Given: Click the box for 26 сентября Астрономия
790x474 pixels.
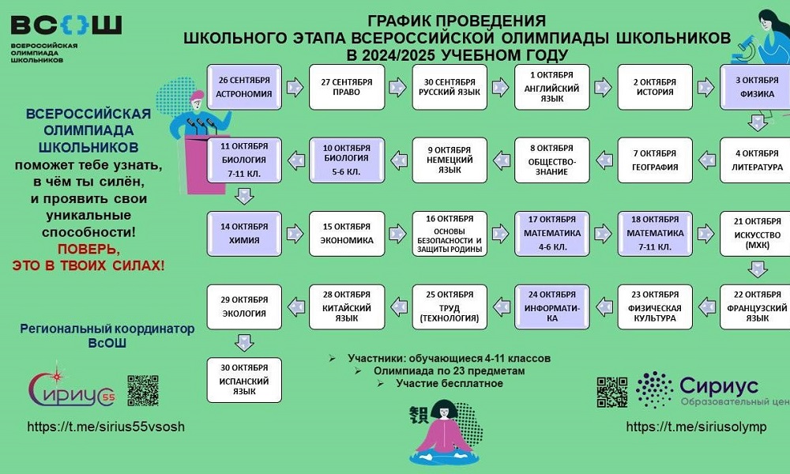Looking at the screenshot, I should (x=244, y=87).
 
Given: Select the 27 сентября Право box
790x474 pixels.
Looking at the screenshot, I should (x=346, y=87).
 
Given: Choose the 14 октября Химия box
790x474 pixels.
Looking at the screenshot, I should (x=244, y=233).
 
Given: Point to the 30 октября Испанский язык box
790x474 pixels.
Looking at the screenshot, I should (x=244, y=380).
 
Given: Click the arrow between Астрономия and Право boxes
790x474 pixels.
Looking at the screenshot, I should (x=295, y=87).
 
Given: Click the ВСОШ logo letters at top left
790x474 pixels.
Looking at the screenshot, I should (x=66, y=25).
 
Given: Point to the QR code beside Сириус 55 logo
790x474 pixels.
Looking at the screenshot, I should (x=143, y=391).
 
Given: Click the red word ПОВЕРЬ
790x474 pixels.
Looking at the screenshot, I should (x=87, y=249).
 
